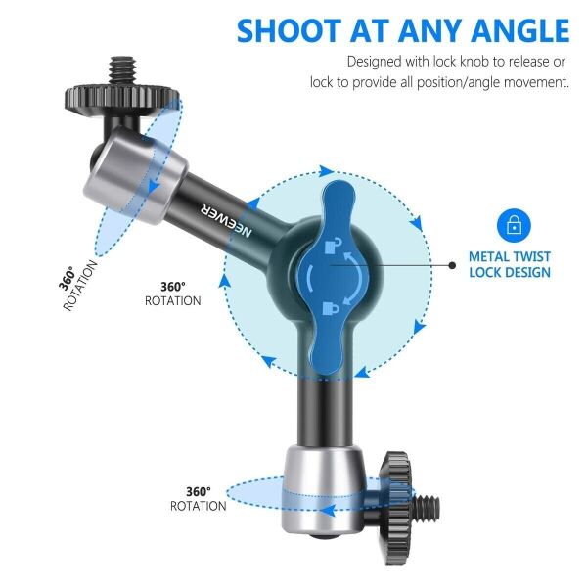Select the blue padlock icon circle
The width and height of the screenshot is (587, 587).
512,226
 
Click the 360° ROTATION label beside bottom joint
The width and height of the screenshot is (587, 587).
199,499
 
